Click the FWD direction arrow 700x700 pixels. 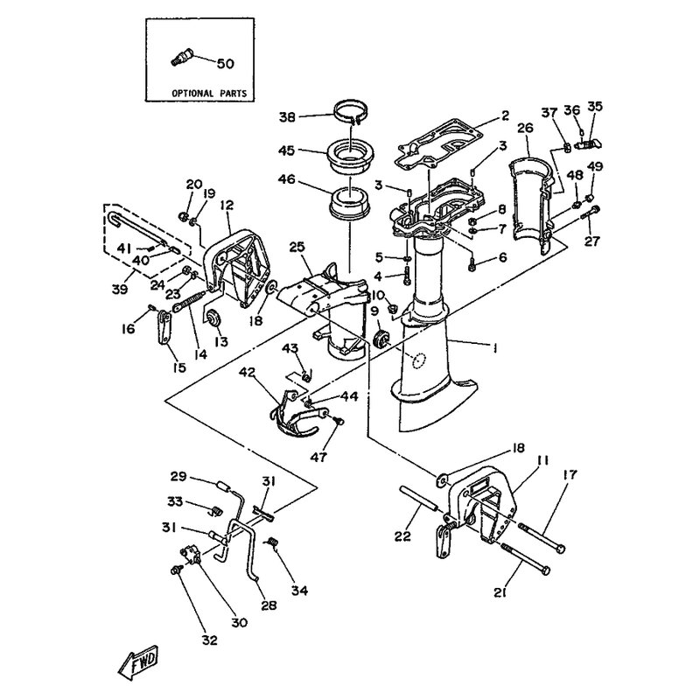tap(139, 662)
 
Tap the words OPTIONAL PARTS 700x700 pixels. tap(209, 94)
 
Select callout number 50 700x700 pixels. tap(226, 64)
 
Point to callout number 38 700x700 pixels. tap(288, 117)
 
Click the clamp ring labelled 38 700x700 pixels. tap(352, 114)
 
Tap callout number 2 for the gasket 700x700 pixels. tap(505, 116)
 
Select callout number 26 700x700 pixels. tap(526, 129)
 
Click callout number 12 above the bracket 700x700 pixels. tap(227, 206)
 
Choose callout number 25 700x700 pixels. tap(297, 247)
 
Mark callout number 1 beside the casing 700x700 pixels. tap(494, 347)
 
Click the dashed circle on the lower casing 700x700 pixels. tap(419, 361)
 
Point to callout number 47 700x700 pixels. tap(319, 457)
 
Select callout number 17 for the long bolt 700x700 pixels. tap(570, 474)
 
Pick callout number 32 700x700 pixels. tap(209, 640)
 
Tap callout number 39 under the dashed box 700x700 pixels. tap(120, 289)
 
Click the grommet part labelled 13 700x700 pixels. tap(213, 318)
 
